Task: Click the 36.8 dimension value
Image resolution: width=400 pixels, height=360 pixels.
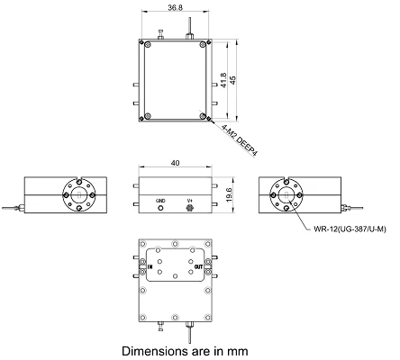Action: click(175, 7)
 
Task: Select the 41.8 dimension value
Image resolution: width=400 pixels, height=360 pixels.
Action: click(223, 80)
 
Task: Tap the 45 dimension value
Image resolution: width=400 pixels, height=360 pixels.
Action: click(232, 80)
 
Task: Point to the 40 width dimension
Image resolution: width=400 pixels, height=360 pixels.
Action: click(175, 163)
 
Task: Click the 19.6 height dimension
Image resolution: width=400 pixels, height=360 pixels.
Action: click(228, 194)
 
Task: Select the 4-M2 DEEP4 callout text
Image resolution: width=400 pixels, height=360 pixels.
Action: click(240, 140)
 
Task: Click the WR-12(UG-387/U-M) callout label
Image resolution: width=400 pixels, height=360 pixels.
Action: click(350, 229)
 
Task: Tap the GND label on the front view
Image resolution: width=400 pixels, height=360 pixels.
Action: click(160, 201)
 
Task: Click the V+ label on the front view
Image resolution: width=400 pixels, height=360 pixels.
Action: click(189, 201)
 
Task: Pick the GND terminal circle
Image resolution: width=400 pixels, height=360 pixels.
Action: click(160, 208)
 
